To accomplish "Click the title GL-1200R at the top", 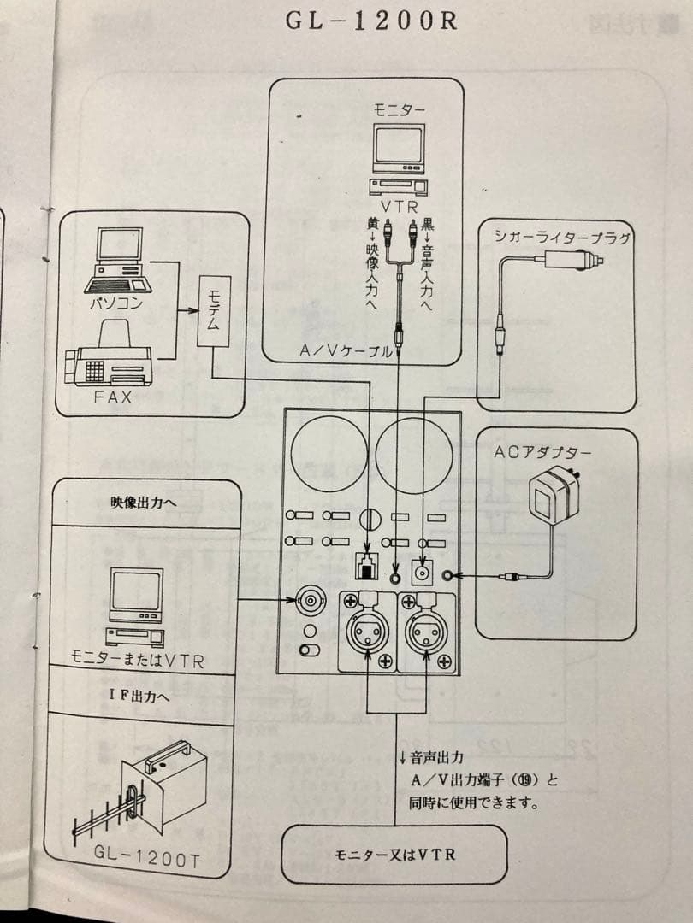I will pyautogui.click(x=371, y=21).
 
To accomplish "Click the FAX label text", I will pyautogui.click(x=110, y=397).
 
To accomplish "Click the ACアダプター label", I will pyautogui.click(x=554, y=453).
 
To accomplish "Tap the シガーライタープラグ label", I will pyautogui.click(x=562, y=238).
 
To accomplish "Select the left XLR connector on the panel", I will pyautogui.click(x=367, y=632).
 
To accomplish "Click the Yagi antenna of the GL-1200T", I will pyautogui.click(x=111, y=812).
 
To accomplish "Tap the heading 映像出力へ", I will pyautogui.click(x=143, y=503).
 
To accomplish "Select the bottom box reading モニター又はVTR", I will pyautogui.click(x=394, y=854).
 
